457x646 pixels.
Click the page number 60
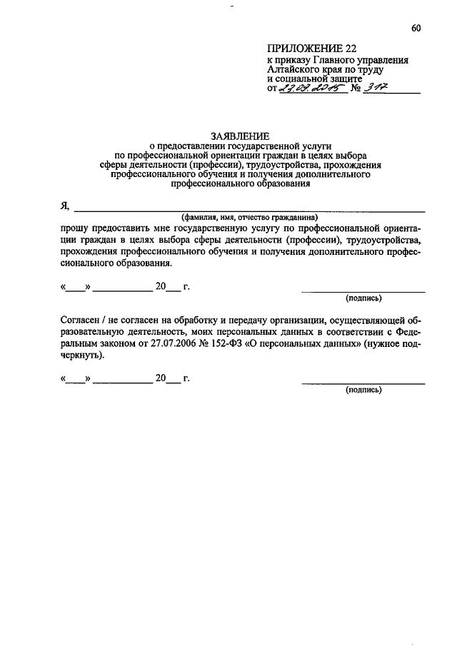pyautogui.click(x=416, y=29)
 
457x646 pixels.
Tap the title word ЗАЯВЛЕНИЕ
pyautogui.click(x=240, y=135)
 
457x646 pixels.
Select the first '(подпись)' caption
pyautogui.click(x=363, y=298)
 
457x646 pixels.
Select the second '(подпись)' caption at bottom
pyautogui.click(x=363, y=390)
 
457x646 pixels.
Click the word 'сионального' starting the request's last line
pyautogui.click(x=87, y=263)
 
